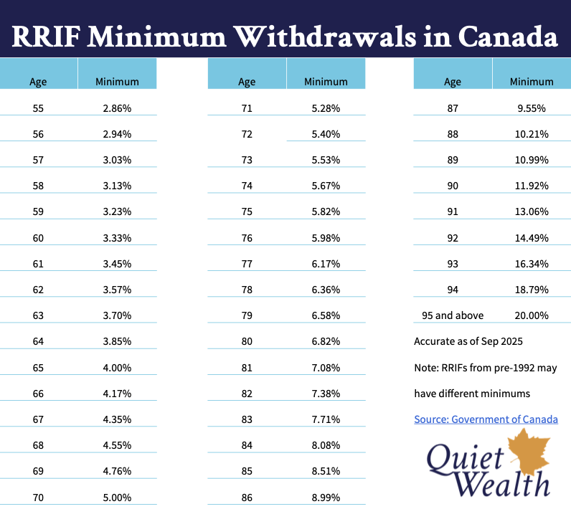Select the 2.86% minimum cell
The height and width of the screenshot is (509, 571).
point(117,108)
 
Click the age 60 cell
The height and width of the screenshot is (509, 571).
point(39,237)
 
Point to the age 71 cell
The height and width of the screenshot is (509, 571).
point(247,108)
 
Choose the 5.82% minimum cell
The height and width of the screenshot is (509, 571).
point(326,211)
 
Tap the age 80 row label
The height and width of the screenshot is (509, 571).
point(247,341)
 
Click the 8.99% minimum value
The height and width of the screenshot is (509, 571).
point(326,497)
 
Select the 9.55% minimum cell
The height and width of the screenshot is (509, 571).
point(532,108)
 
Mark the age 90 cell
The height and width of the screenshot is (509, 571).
point(453,186)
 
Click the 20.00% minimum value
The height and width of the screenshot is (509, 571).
point(532,315)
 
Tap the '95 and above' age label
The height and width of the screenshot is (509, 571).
point(453,315)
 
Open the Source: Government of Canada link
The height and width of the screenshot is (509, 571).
point(486,419)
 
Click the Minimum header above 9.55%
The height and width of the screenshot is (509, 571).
point(532,82)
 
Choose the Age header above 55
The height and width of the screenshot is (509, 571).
point(39,82)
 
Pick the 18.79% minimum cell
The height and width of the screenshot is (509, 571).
point(532,290)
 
